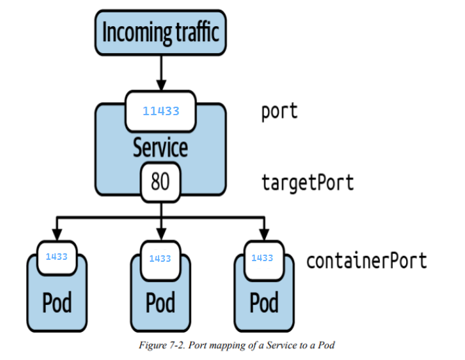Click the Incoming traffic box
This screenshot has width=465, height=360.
point(160,32)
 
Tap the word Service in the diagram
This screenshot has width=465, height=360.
point(160,147)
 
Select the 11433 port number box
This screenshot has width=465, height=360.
point(160,111)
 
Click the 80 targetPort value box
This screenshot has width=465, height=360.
point(160,181)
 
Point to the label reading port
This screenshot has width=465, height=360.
point(279,111)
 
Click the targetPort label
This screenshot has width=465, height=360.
point(307,181)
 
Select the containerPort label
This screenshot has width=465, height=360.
point(366,261)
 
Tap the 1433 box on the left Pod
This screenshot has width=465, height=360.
point(56,257)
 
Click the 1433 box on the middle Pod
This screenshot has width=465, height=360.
point(160,259)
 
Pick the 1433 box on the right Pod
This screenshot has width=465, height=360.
point(262,258)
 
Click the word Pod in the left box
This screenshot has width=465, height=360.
point(57,302)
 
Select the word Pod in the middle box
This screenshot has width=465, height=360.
point(160,302)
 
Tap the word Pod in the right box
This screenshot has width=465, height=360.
point(264,302)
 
